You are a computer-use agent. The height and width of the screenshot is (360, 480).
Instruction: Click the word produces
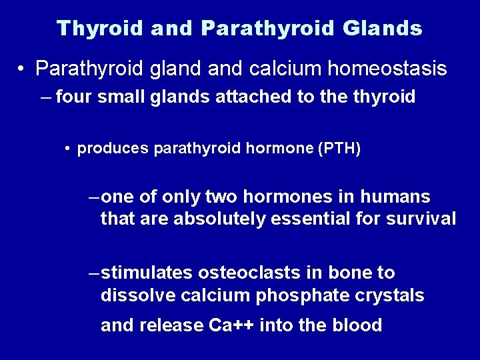pyautogui.click(x=113, y=149)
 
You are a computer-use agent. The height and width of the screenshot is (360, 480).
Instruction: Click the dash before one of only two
pyautogui.click(x=94, y=197)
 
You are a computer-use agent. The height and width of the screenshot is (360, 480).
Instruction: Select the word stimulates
pyautogui.click(x=149, y=273)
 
